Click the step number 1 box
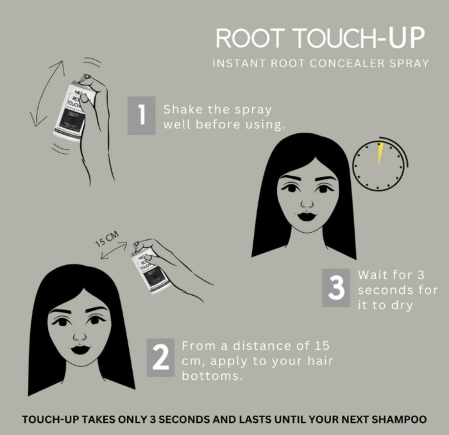(x=142, y=115)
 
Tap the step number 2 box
(x=160, y=357)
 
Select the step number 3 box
(x=336, y=288)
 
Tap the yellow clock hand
(x=380, y=154)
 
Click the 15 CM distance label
(x=107, y=239)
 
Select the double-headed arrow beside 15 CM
(x=114, y=251)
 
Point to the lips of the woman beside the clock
(x=307, y=216)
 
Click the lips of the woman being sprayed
(x=80, y=350)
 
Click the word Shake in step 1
(x=183, y=110)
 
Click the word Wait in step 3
(x=371, y=275)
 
